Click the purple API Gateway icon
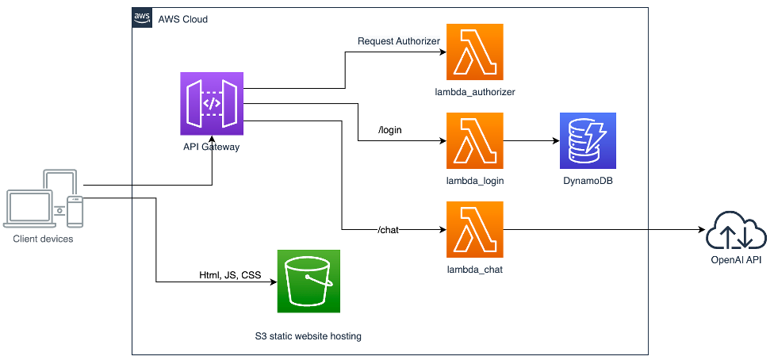(x=213, y=103)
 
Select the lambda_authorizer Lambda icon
(x=475, y=52)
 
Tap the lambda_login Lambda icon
(x=475, y=141)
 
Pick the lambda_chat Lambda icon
(x=475, y=229)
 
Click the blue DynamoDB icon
(x=588, y=141)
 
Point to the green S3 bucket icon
(x=308, y=281)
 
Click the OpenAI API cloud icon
(x=737, y=229)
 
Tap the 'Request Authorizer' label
(x=399, y=41)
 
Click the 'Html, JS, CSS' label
(x=230, y=275)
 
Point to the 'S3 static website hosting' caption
(x=303, y=336)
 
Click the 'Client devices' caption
(x=44, y=238)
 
